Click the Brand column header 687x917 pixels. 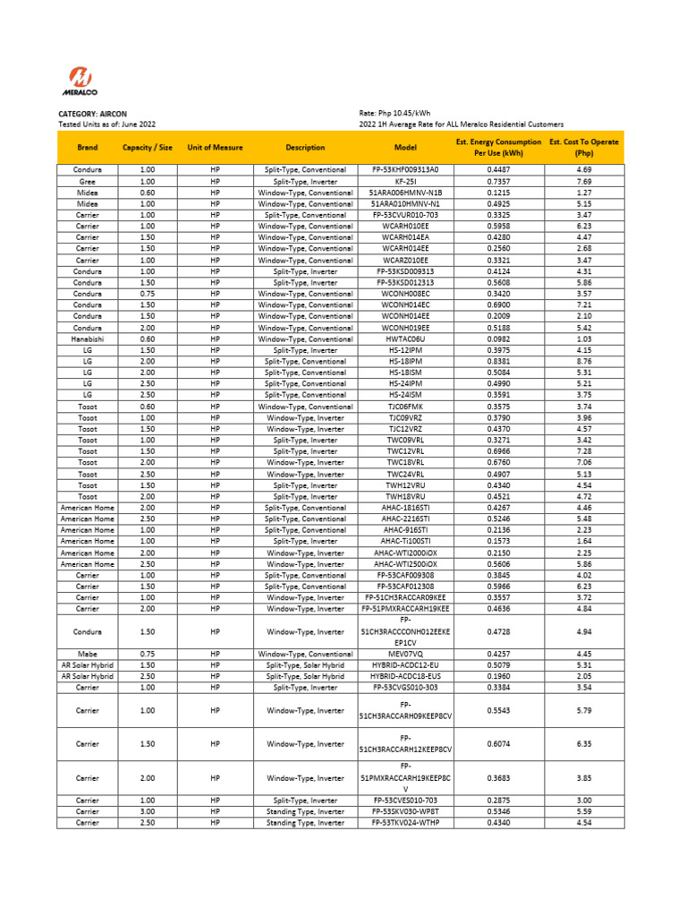(88, 147)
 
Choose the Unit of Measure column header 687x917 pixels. (215, 147)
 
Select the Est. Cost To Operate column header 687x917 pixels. (584, 147)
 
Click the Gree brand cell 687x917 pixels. (88, 181)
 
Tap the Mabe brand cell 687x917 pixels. (88, 654)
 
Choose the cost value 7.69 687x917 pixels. (584, 181)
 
